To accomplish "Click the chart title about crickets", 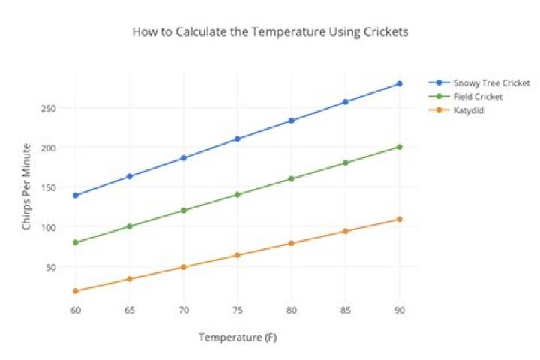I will pos(270,32).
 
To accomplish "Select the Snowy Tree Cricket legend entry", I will pos(491,82).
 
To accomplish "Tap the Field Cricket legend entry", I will pos(478,97).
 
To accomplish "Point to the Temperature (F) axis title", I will pos(238,337).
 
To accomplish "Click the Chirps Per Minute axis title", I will pos(26,186).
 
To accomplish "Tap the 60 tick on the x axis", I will pos(75,310).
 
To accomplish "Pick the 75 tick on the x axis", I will pos(237,310).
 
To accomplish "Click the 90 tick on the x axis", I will pos(399,310).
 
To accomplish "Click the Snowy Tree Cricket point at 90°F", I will pos(399,84).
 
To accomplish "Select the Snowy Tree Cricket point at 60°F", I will pos(75,195).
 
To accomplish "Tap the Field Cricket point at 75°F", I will pos(237,194).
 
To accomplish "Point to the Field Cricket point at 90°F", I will pos(399,147).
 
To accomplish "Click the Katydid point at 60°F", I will pos(75,291).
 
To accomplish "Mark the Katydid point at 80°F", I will pos(291,243).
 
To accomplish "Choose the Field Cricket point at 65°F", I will pos(129,226).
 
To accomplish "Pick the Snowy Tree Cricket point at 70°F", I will pos(183,158).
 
